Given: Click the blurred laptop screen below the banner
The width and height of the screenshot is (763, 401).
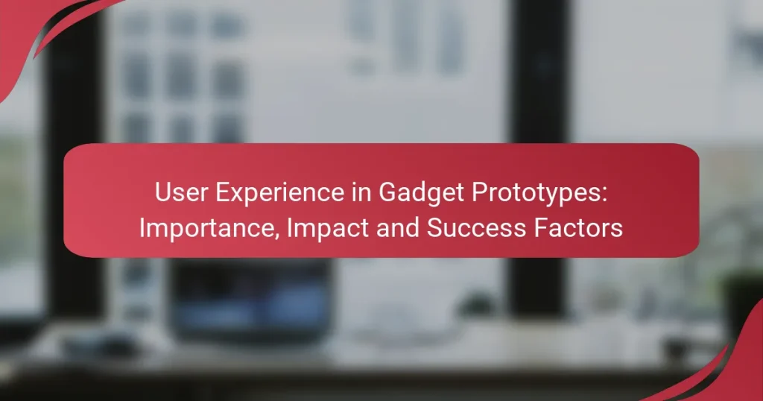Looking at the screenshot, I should coord(250,294).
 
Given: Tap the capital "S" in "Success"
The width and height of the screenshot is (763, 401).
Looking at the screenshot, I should coord(433,228).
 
